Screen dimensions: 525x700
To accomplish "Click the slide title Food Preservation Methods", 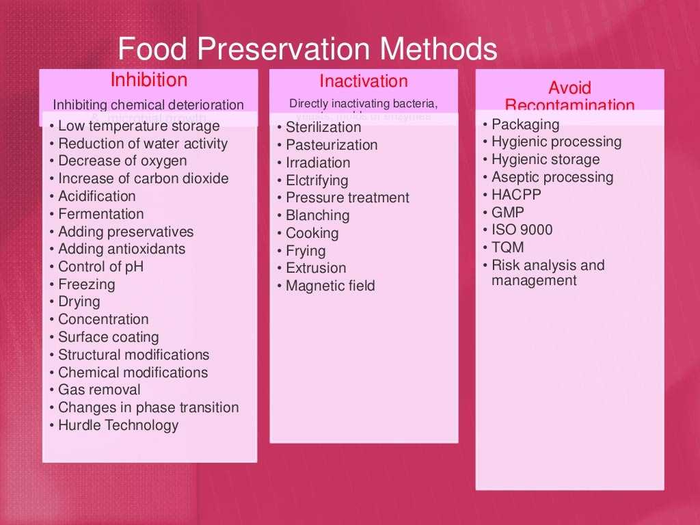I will coord(307,49).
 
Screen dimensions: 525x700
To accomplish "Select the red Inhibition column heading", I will coord(148,80).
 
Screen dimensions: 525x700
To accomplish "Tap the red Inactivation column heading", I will coord(363,81).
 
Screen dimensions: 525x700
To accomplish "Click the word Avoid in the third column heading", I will coord(569,88).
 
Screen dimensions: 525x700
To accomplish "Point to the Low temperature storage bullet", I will coord(139,126).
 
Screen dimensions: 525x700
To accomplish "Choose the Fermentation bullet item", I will coord(100,214).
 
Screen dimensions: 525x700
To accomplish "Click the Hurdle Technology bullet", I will coord(118,425).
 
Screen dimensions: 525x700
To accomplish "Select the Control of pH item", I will coord(100,267).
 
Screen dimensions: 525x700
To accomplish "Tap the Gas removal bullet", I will coord(99,390).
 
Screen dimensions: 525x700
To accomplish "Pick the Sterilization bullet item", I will coord(323,127).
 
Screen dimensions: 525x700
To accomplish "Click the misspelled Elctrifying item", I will coord(317,180).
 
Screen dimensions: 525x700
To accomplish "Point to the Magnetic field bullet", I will coord(330,286).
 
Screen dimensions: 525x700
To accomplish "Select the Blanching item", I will coord(317,215).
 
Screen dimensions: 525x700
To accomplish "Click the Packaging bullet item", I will coord(525,124).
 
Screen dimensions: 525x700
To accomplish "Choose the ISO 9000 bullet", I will coord(522,230).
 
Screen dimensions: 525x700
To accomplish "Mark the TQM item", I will coord(508,247).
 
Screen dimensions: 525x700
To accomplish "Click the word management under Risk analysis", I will coord(534,280).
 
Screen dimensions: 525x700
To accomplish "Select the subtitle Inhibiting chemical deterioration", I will coord(148,105).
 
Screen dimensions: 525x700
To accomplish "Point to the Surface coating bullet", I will coord(108,337).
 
